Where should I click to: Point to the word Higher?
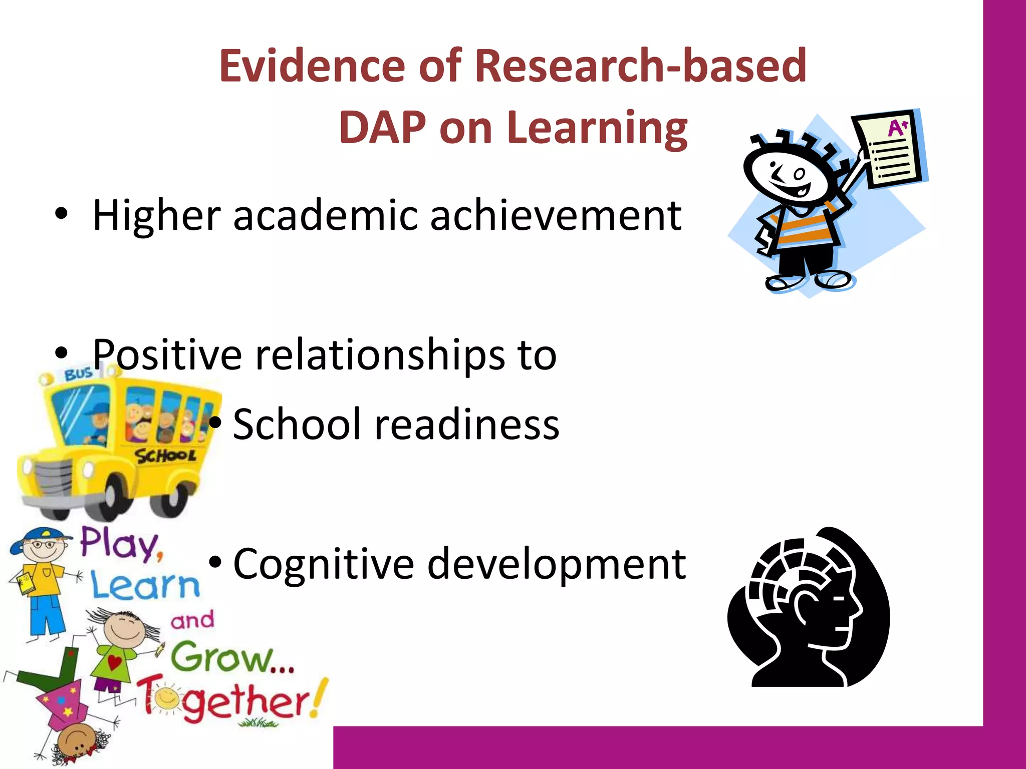coord(157,215)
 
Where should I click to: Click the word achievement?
coord(556,215)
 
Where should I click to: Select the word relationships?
coord(380,354)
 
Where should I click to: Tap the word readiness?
coord(467,424)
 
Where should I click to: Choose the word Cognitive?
coord(324,564)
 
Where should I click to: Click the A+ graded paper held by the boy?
coord(891,149)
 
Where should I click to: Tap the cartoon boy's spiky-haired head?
coord(785,170)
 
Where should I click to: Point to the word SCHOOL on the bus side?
coord(165,456)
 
